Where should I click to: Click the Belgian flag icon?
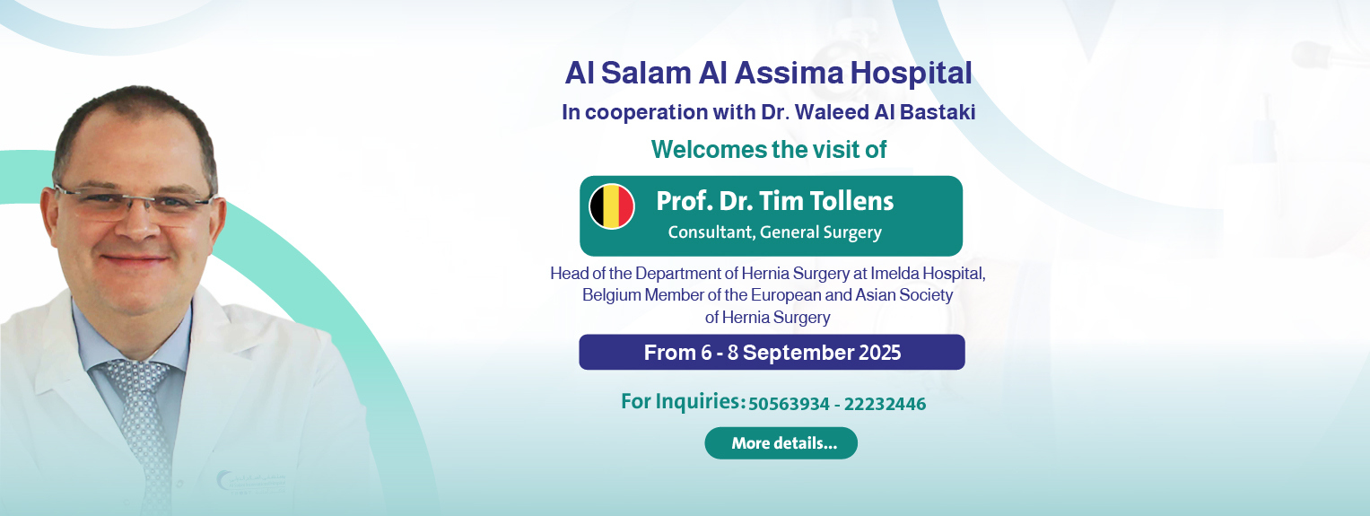612,206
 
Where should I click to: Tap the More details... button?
781,443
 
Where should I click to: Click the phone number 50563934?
789,404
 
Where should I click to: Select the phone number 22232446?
885,404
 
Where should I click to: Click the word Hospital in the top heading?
912,74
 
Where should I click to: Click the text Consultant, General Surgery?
775,232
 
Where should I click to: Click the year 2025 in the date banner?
880,353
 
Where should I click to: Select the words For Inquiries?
683,401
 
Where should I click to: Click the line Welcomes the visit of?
769,150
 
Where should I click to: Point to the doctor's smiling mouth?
134,259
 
